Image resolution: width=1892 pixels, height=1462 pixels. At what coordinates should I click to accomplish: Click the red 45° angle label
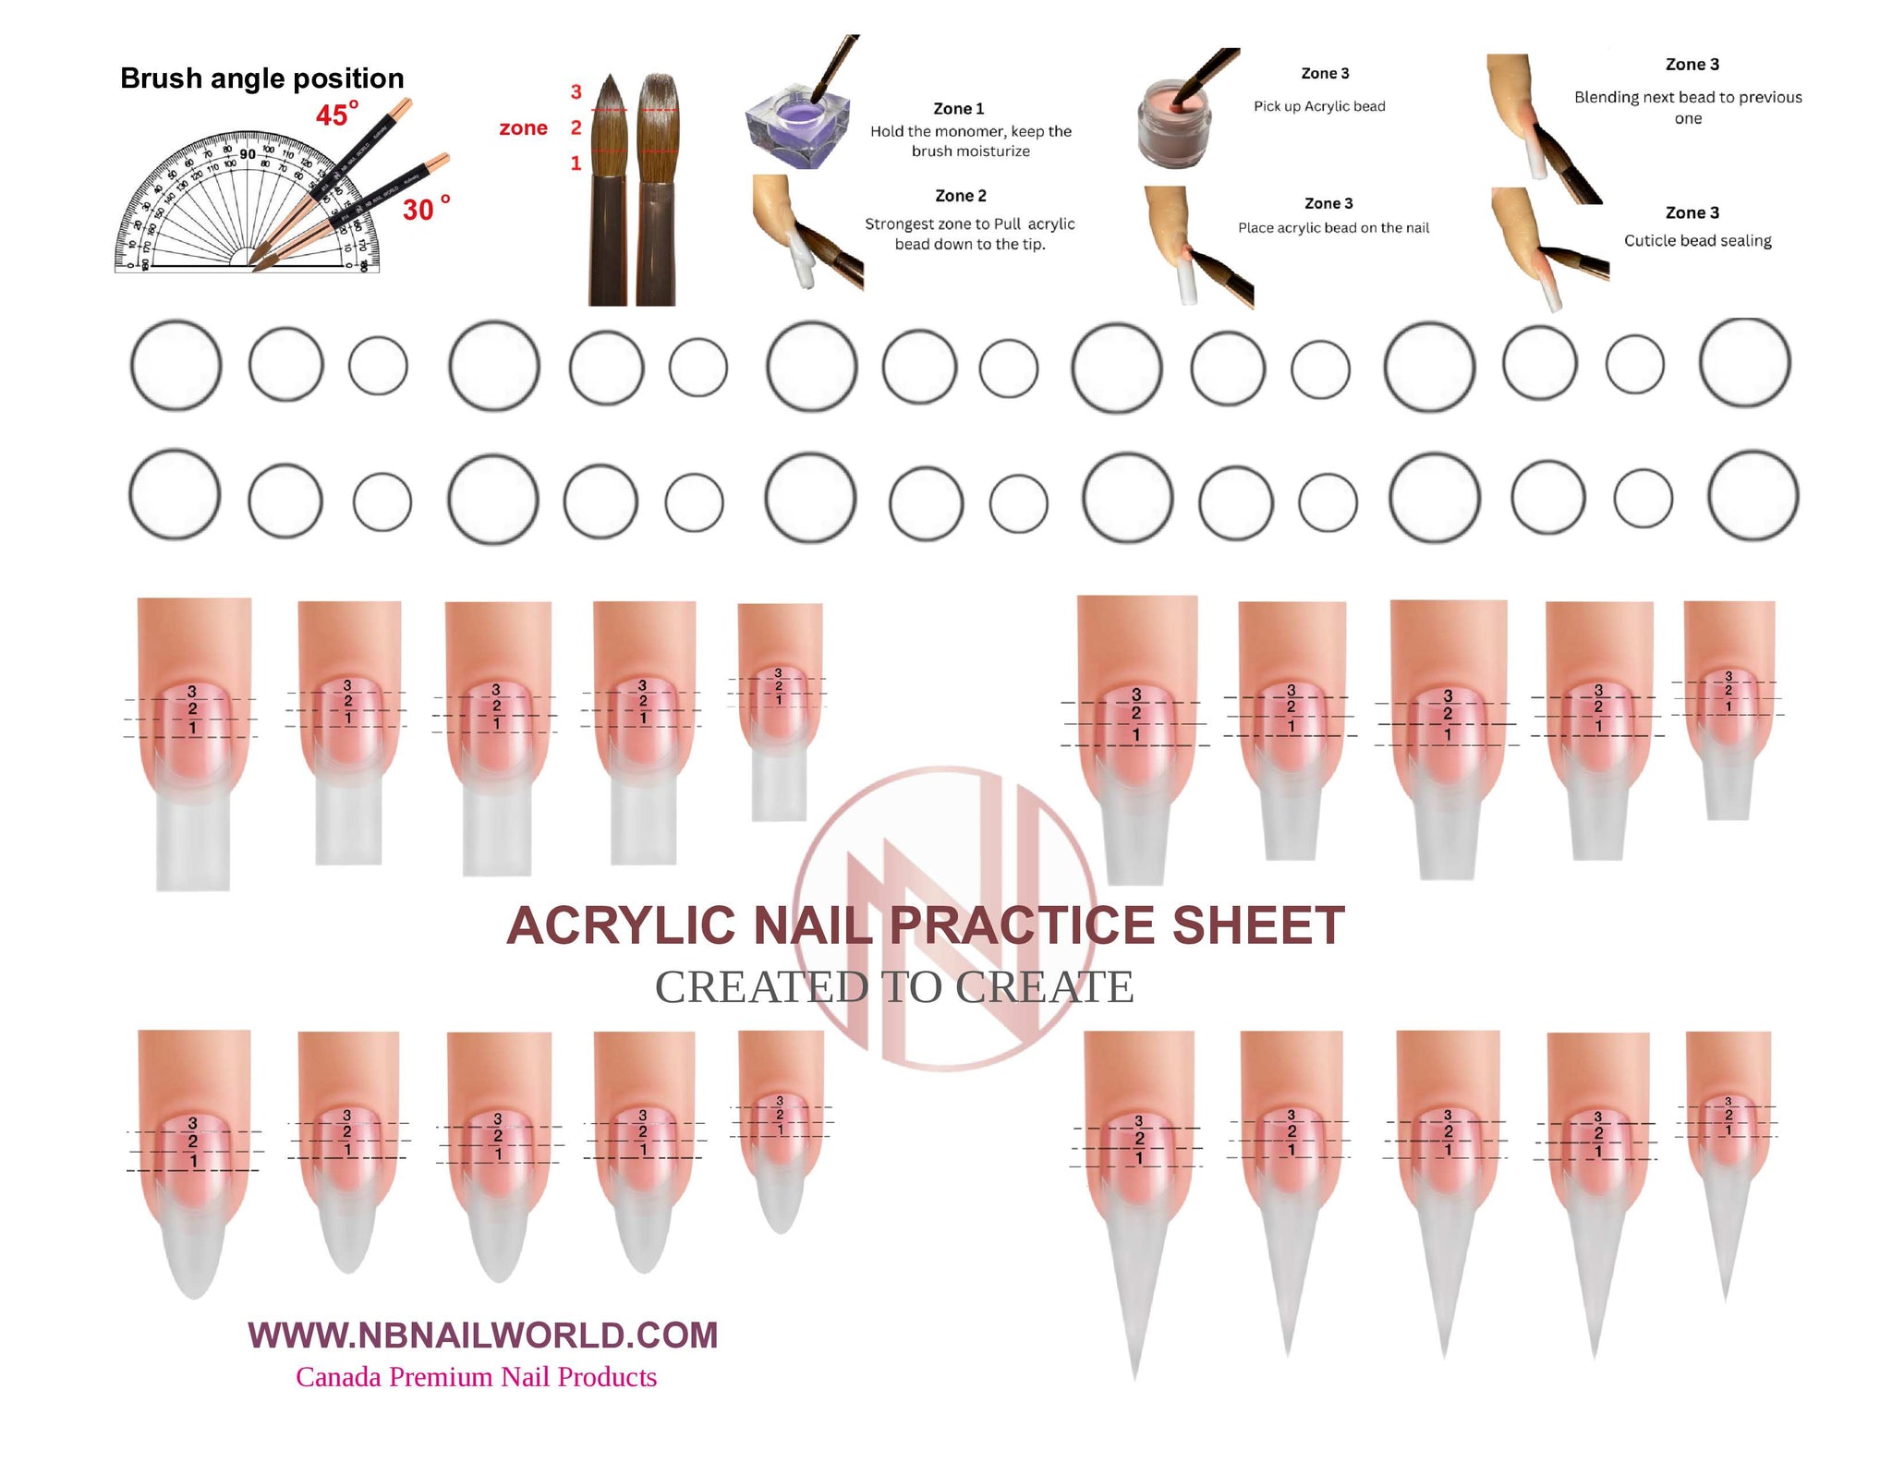coord(336,115)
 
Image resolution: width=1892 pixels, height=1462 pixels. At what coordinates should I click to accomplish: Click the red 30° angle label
coord(425,209)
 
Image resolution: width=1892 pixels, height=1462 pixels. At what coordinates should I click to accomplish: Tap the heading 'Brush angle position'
coord(261,79)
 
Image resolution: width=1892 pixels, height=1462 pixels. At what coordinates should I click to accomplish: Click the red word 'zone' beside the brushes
coord(523,128)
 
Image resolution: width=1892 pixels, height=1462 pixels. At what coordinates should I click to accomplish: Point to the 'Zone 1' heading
coord(958,108)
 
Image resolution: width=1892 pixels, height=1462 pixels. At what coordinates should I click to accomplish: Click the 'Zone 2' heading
coord(960,196)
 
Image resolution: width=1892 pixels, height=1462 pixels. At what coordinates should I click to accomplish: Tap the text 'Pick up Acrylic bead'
coord(1318,106)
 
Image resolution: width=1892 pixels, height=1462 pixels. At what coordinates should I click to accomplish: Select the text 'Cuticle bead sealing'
coord(1697,241)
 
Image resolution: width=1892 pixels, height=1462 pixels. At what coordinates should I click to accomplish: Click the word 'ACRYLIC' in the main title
coord(621,925)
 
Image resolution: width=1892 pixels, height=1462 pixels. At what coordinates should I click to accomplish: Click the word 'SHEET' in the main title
coord(1257,925)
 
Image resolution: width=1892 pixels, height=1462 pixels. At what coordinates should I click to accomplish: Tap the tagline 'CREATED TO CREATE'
coord(893,987)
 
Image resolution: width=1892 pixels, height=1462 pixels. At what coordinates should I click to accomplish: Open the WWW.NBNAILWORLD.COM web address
coord(482,1335)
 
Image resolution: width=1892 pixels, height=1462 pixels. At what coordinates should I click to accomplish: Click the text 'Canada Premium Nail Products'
coord(476,1377)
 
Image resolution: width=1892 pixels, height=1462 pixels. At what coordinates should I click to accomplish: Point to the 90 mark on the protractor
coord(248,154)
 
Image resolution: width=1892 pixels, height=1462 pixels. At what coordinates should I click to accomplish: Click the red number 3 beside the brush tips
coord(576,91)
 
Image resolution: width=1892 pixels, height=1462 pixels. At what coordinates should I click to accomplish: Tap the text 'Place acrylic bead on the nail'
coord(1333,228)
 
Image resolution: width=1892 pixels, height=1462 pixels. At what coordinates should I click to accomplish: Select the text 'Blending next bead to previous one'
coord(1688,107)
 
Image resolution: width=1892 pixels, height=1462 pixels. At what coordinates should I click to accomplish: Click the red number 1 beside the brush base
coord(576,163)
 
